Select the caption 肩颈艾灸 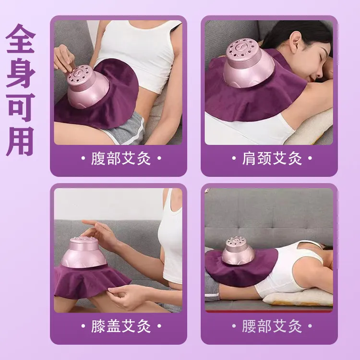coord(272,159)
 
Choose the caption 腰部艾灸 coord(272,327)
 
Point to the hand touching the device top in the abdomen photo coord(64,58)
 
